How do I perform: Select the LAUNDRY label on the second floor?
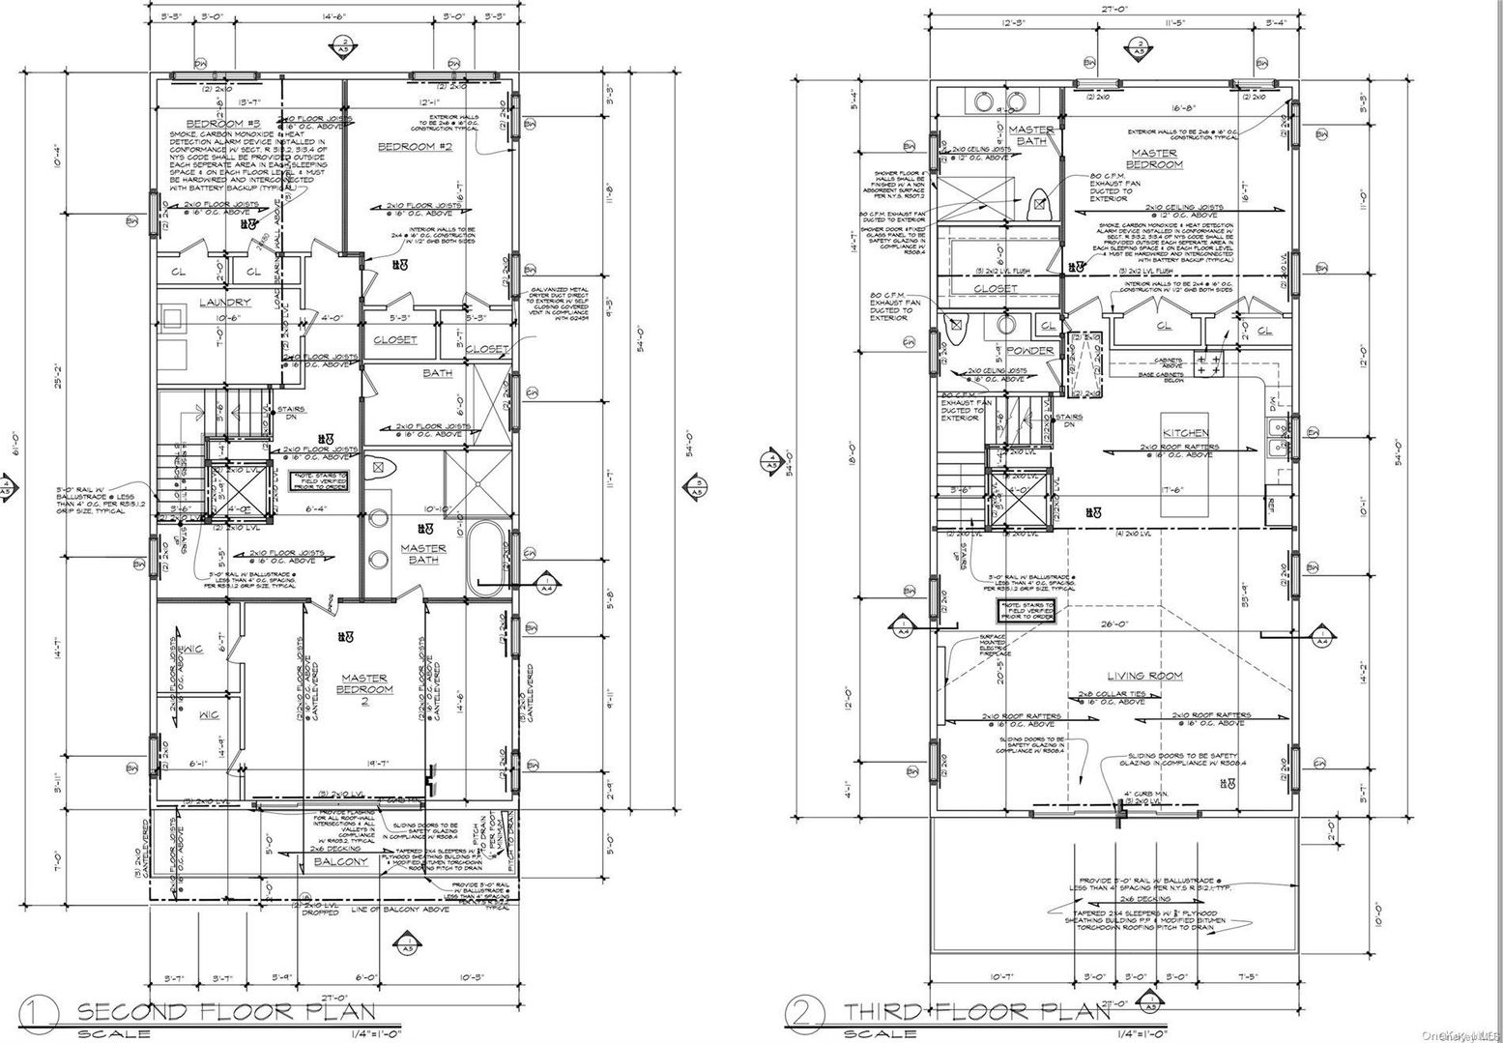tap(224, 303)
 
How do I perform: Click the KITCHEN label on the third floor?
tap(1185, 432)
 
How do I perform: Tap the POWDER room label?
tap(1029, 351)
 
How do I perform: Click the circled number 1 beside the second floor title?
tap(43, 1014)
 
